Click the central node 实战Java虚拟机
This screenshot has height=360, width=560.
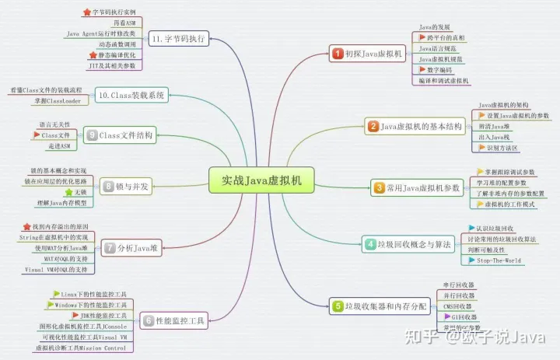[x=261, y=181]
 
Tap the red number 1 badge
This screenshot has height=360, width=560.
[x=338, y=54]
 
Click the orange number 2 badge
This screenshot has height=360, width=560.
[x=373, y=126]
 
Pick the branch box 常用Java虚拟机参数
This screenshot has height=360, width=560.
[x=416, y=187]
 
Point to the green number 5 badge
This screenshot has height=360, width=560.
[x=338, y=306]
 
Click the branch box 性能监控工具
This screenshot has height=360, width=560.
[x=173, y=320]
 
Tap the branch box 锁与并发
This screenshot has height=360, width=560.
[x=125, y=186]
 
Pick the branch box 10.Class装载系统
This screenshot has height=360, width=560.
[x=131, y=96]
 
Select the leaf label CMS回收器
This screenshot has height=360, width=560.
[x=457, y=306]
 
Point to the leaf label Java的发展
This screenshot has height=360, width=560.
[x=435, y=27]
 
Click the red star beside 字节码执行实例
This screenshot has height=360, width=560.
[x=86, y=13]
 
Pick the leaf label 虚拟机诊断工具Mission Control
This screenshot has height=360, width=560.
[x=80, y=348]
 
